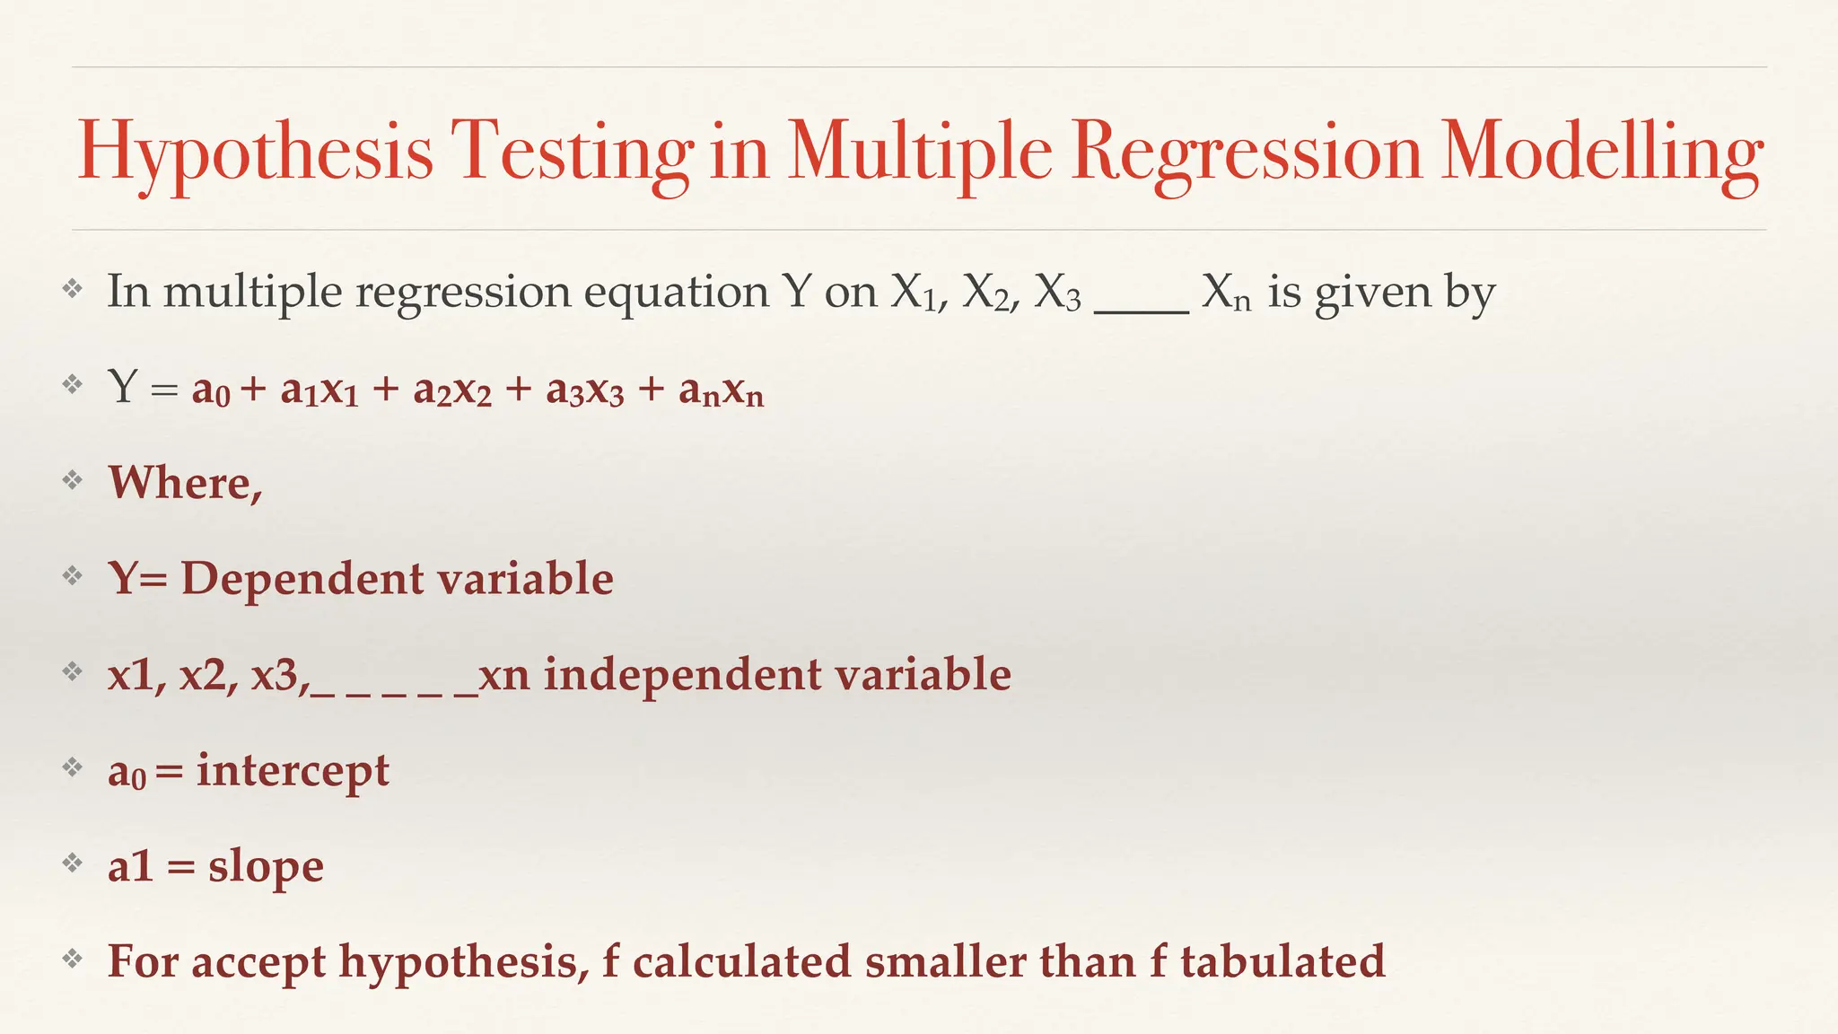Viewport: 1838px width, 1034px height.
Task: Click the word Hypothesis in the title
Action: click(256, 151)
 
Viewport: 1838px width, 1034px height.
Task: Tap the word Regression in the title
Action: click(1247, 151)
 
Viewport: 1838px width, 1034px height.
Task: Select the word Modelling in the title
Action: click(1602, 151)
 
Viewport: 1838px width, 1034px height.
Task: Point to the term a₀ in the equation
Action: click(211, 390)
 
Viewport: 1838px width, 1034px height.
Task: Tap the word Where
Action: click(185, 483)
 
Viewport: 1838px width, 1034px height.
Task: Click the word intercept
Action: click(293, 770)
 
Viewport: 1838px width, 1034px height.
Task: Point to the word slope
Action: click(266, 866)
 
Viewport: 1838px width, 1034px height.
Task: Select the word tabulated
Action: click(1282, 961)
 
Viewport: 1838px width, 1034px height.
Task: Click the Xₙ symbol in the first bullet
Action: click(1226, 293)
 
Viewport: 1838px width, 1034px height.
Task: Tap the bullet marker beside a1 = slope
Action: click(72, 863)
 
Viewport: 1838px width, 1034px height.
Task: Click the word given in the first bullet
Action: click(1372, 293)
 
